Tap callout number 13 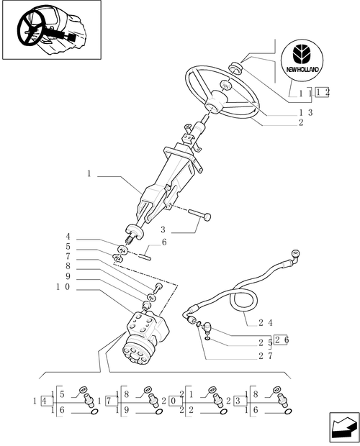pyautogui.click(x=305, y=113)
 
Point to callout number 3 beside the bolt pyautogui.click(x=163, y=229)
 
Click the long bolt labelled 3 pyautogui.click(x=198, y=214)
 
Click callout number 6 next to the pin pyautogui.click(x=165, y=242)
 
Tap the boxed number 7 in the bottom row pyautogui.click(x=109, y=400)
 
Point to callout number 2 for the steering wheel pyautogui.click(x=301, y=122)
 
